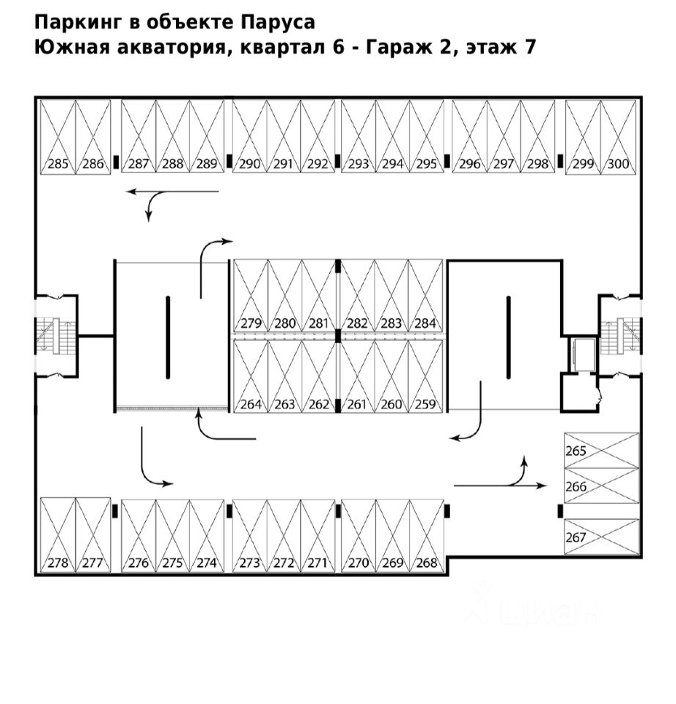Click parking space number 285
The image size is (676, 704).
click(57, 137)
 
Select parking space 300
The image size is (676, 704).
click(619, 137)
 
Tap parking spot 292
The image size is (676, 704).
click(317, 136)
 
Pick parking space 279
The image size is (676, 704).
click(251, 296)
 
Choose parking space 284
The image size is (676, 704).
click(425, 296)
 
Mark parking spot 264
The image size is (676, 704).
click(251, 376)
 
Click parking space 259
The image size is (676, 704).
click(425, 376)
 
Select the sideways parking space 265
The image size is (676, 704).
click(601, 450)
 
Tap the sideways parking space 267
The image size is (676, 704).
click(601, 537)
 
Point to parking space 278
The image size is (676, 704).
click(57, 535)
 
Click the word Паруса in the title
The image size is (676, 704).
click(278, 23)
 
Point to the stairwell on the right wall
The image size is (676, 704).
click(621, 335)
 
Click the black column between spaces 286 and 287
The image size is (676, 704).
click(116, 161)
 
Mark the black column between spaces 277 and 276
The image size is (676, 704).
click(115, 511)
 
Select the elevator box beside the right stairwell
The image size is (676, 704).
click(583, 353)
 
